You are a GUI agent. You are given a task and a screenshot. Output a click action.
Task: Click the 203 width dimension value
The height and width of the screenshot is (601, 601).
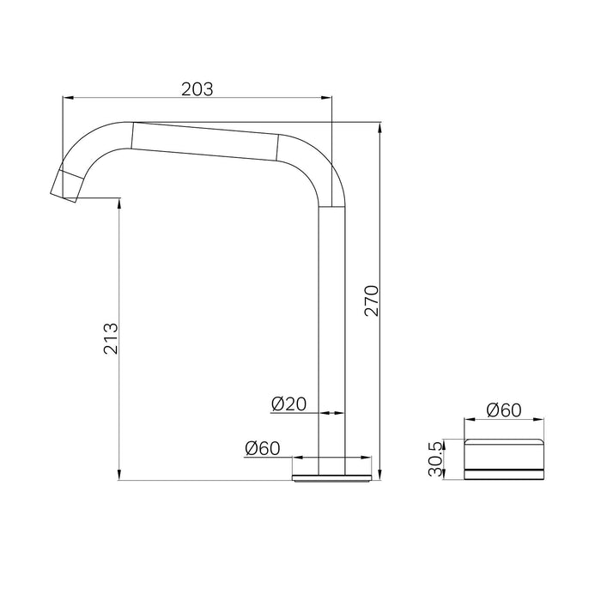pos(197,88)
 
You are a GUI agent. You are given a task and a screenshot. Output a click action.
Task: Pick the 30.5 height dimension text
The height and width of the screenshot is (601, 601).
pos(437,459)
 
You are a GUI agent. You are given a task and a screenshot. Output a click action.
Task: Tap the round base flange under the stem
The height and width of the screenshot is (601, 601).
pos(334,477)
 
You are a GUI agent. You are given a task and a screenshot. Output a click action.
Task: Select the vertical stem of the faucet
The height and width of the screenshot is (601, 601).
pos(334,343)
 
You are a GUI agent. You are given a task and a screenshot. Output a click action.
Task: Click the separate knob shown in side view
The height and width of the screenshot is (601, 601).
pos(504,459)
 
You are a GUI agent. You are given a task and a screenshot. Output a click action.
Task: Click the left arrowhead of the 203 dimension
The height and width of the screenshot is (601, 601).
pos(65,100)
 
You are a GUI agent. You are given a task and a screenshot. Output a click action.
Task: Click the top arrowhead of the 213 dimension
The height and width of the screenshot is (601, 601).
pos(118,203)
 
